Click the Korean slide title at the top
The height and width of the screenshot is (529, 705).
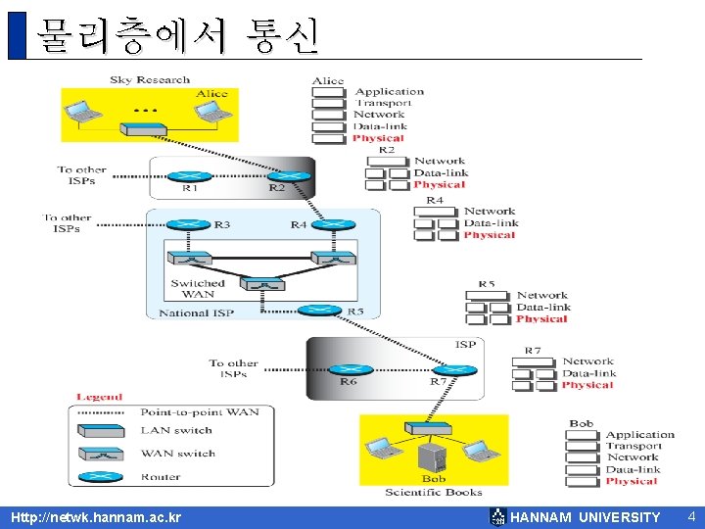(x=176, y=35)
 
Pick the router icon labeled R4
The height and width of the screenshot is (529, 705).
(x=332, y=224)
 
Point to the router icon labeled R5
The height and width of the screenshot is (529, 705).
(x=319, y=310)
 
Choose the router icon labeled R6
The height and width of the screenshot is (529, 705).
(x=349, y=369)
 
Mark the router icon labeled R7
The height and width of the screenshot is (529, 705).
(x=454, y=370)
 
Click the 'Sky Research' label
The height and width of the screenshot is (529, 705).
(x=150, y=80)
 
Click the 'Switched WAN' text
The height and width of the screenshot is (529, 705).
(x=198, y=289)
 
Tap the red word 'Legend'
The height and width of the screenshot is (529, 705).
(x=99, y=397)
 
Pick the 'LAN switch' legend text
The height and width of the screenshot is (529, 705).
(x=176, y=430)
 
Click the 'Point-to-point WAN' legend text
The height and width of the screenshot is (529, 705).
(x=200, y=412)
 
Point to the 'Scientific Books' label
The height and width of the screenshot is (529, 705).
(x=433, y=492)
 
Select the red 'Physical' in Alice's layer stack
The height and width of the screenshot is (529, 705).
(x=377, y=138)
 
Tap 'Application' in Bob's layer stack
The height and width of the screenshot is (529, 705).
(x=639, y=435)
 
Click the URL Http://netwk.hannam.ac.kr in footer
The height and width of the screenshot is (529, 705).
(x=95, y=517)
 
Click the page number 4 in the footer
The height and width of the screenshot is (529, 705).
(x=690, y=516)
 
